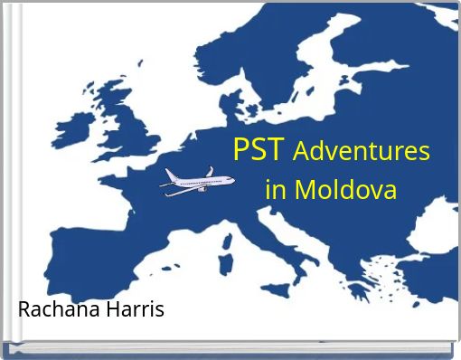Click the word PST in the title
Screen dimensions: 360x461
(259, 149)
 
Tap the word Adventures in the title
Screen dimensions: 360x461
(361, 151)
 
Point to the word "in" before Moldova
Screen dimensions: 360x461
(276, 191)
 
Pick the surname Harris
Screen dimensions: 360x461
(134, 309)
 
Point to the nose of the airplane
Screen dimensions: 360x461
(164, 187)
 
